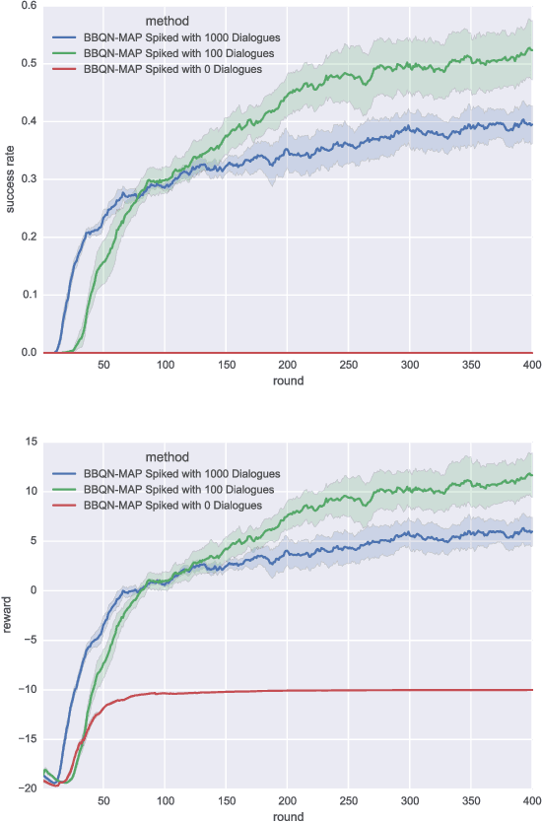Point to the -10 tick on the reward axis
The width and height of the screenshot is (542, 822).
26,690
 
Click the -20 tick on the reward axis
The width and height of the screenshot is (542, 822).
26,788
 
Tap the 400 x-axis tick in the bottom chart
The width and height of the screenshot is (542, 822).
530,800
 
